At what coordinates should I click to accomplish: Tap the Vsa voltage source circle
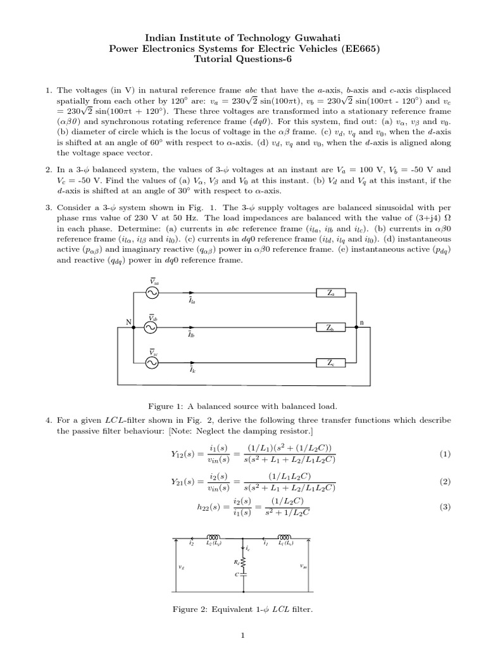click(153, 293)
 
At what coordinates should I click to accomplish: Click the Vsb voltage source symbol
click(153, 327)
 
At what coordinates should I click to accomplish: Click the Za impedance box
click(333, 293)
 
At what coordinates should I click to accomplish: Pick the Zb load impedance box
click(333, 328)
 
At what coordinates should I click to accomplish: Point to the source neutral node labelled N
click(128, 323)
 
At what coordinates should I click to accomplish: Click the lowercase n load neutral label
click(362, 322)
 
